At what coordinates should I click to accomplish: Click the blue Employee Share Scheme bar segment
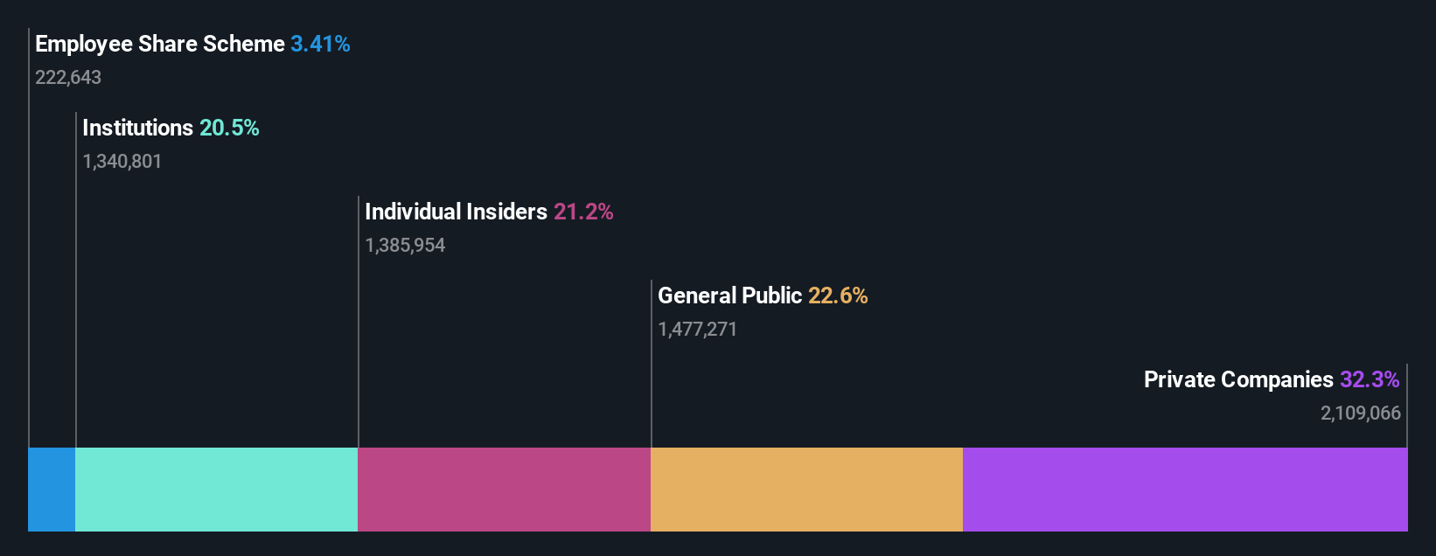[52, 490]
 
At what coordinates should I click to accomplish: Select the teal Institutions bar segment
[217, 490]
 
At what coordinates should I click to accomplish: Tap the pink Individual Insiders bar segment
[505, 490]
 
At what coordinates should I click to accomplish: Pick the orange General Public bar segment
[806, 490]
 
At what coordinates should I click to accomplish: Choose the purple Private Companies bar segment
[1185, 490]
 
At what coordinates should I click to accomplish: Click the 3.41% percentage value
[320, 44]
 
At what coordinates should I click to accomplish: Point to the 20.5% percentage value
[229, 128]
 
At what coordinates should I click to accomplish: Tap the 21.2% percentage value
[583, 212]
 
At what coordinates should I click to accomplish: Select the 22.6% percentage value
[838, 295]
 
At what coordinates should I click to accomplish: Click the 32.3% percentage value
[1370, 379]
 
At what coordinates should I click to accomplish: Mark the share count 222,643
[68, 78]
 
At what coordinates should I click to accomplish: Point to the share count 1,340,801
[122, 162]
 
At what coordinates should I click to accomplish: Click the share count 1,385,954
[405, 246]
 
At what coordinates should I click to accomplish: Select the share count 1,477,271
[697, 330]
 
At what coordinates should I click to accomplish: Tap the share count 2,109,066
[1361, 414]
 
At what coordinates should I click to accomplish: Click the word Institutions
[137, 128]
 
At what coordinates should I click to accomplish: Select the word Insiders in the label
[506, 212]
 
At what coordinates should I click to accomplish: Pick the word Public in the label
[772, 295]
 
